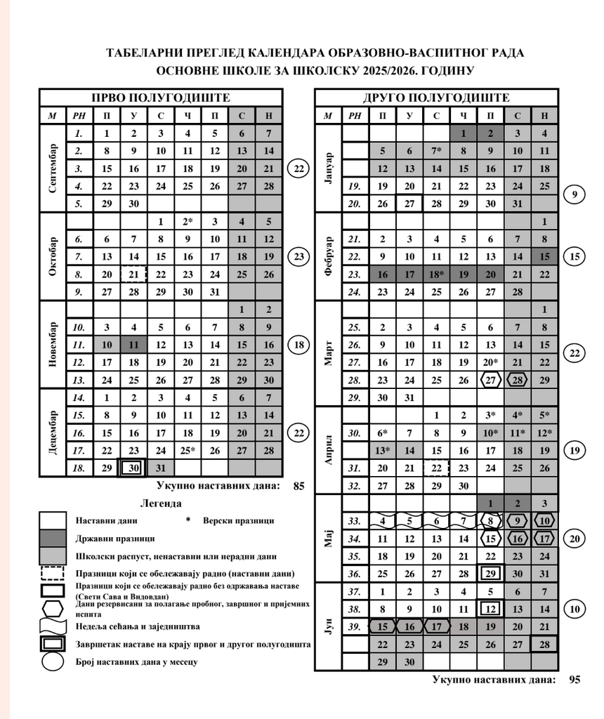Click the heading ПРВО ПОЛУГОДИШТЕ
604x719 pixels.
coord(161,98)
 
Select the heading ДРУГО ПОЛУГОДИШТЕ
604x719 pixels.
coord(436,98)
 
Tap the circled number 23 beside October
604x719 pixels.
coord(300,256)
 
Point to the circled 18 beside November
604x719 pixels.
coord(300,344)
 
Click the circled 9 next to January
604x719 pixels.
coord(575,195)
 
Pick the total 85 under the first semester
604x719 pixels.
coord(298,485)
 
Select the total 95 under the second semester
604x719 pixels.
coord(575,679)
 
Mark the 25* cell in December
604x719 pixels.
coord(187,450)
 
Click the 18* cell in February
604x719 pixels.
coord(437,274)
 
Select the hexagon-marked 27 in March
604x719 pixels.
coord(490,380)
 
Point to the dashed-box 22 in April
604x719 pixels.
coord(436,468)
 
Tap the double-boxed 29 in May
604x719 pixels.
coord(490,574)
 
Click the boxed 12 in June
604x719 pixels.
coord(490,609)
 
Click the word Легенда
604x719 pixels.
coord(161,503)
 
